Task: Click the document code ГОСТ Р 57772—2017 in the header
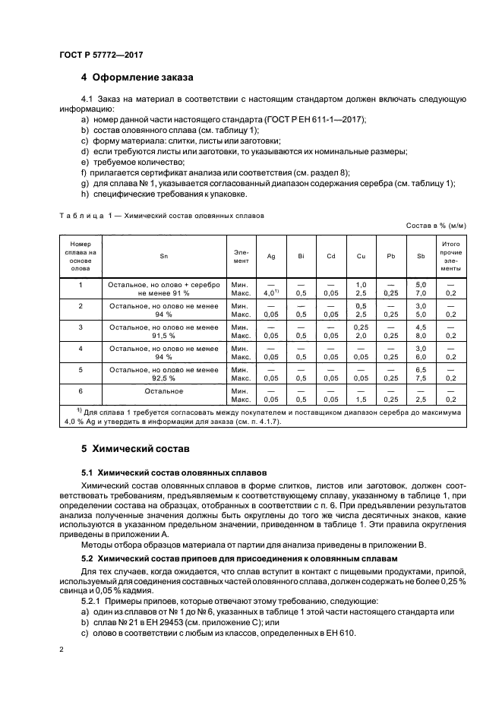click(100, 55)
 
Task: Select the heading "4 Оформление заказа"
click(137, 77)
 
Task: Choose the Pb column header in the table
click(390, 257)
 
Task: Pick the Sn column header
click(163, 257)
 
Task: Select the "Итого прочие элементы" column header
click(450, 257)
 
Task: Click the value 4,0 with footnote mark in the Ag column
click(269, 292)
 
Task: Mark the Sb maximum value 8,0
click(421, 334)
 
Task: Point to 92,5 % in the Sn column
click(163, 377)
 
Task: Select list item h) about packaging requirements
click(164, 194)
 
